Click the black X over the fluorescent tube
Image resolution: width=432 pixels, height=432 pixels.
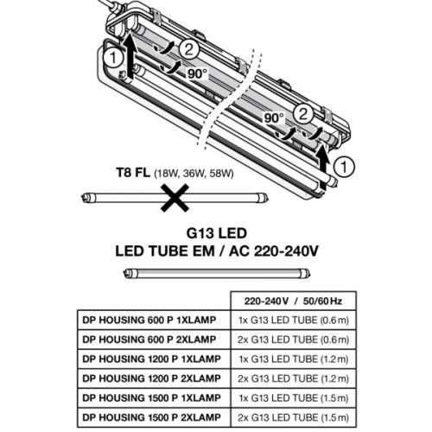pyautogui.click(x=176, y=200)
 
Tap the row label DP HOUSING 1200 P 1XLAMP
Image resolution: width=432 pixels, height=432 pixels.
pyautogui.click(x=153, y=358)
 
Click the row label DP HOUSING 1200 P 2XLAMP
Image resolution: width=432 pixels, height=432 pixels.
pyautogui.click(x=153, y=378)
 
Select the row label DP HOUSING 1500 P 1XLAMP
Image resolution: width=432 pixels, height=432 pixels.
pyautogui.click(x=153, y=397)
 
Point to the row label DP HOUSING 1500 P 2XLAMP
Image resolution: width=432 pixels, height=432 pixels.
pyautogui.click(x=153, y=416)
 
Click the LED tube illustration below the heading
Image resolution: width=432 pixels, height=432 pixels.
pyautogui.click(x=215, y=273)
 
